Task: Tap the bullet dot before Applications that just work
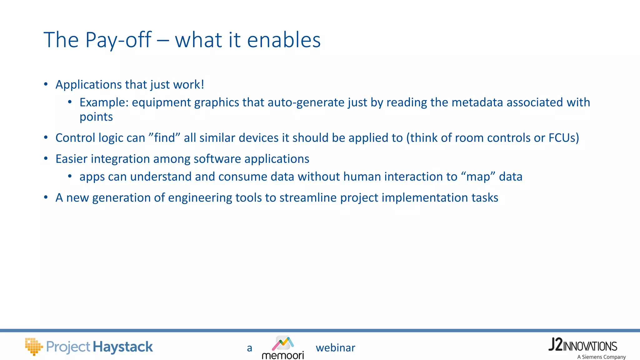click(46, 84)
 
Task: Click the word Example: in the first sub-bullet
click(104, 102)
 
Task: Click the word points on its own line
click(96, 117)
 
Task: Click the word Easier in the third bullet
click(71, 159)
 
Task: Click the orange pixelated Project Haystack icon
click(33, 346)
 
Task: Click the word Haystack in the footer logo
click(123, 347)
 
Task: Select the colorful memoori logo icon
click(283, 343)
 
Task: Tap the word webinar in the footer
click(335, 348)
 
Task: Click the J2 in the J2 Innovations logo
click(555, 345)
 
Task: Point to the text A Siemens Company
click(601, 357)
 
